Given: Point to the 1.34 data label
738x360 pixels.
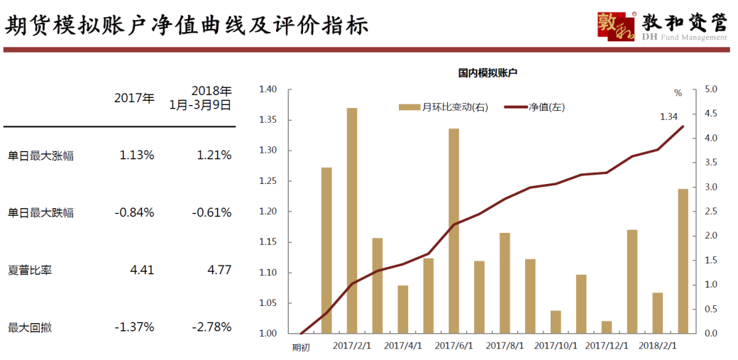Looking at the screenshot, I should (669, 116).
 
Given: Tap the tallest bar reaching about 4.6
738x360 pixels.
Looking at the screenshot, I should (352, 220).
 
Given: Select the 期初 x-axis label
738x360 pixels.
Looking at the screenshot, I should (301, 347).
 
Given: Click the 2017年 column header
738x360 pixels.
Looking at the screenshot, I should (134, 98).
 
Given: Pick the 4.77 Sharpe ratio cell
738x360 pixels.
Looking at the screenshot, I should (216, 270).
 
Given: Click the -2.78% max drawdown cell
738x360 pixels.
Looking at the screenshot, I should (211, 327).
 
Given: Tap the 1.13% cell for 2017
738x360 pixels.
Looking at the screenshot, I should (137, 155).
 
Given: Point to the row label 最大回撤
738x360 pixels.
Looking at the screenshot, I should (29, 327).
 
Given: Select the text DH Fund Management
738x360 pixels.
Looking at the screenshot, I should (684, 38).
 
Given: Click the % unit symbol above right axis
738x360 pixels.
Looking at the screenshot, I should (678, 93).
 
